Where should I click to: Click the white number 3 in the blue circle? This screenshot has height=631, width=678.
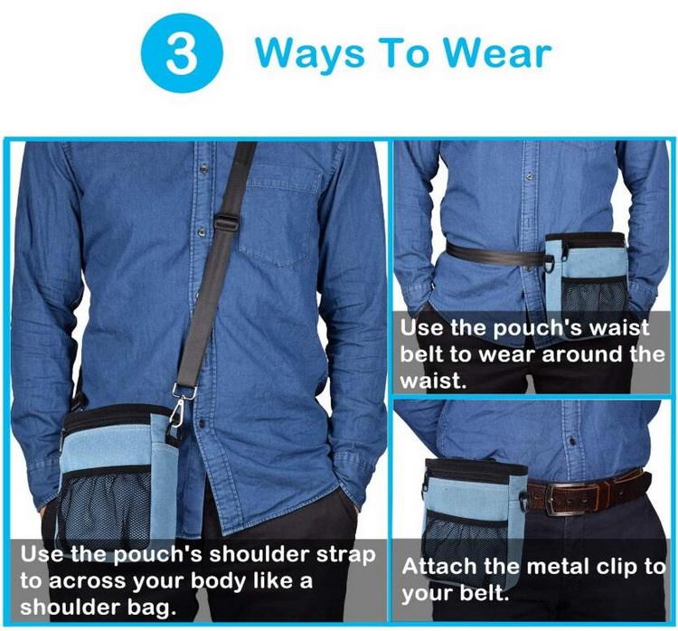(182, 53)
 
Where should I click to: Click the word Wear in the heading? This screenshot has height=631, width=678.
(498, 54)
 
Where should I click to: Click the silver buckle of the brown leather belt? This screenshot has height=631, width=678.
(573, 498)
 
